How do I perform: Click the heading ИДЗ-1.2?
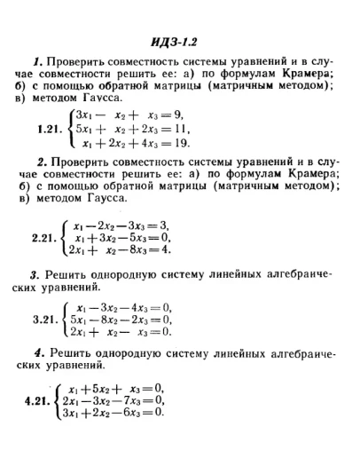[180, 42]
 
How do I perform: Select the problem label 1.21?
[51, 129]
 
